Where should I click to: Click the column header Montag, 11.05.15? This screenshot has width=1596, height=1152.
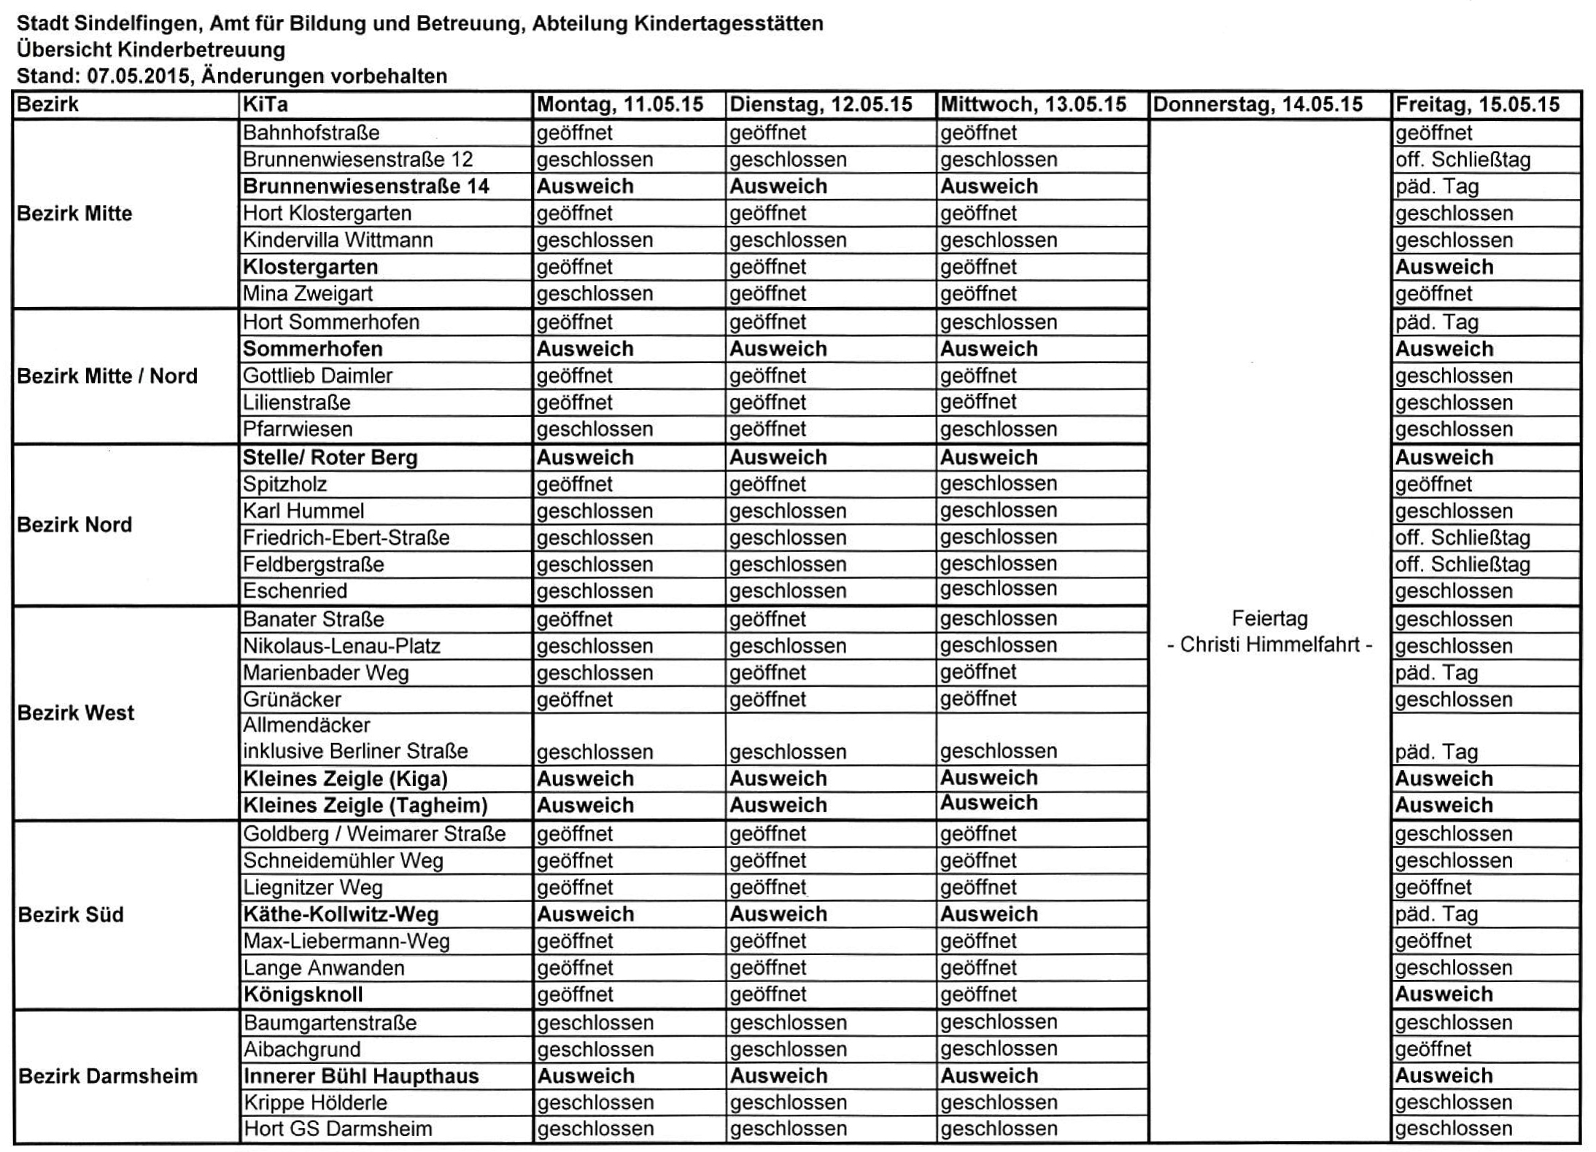click(620, 105)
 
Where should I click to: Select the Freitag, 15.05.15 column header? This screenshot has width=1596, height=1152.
click(1477, 105)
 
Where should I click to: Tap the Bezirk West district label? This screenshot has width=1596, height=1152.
click(76, 712)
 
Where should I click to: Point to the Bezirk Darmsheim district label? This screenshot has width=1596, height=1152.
click(107, 1076)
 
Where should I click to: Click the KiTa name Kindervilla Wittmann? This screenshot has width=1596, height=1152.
click(338, 240)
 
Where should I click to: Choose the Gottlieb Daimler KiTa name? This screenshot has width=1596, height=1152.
click(317, 375)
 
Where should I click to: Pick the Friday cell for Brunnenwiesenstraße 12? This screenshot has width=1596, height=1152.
click(1463, 160)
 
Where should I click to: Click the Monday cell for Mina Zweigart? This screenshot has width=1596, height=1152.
click(594, 294)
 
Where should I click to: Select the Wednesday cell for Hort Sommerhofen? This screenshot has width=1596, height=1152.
click(998, 322)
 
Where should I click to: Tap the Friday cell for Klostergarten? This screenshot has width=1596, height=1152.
click(1444, 267)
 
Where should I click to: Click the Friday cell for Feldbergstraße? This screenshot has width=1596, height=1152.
click(1463, 564)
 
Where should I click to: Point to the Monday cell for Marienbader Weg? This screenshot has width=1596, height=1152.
click(594, 672)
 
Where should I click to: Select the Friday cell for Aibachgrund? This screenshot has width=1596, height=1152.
click(1433, 1049)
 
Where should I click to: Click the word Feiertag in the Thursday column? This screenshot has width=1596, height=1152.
click(1269, 618)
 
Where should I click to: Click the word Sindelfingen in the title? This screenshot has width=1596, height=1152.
click(138, 23)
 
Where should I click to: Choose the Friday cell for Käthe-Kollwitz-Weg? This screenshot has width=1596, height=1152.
click(1436, 914)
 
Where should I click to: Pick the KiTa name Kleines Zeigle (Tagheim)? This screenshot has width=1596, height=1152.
click(365, 806)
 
